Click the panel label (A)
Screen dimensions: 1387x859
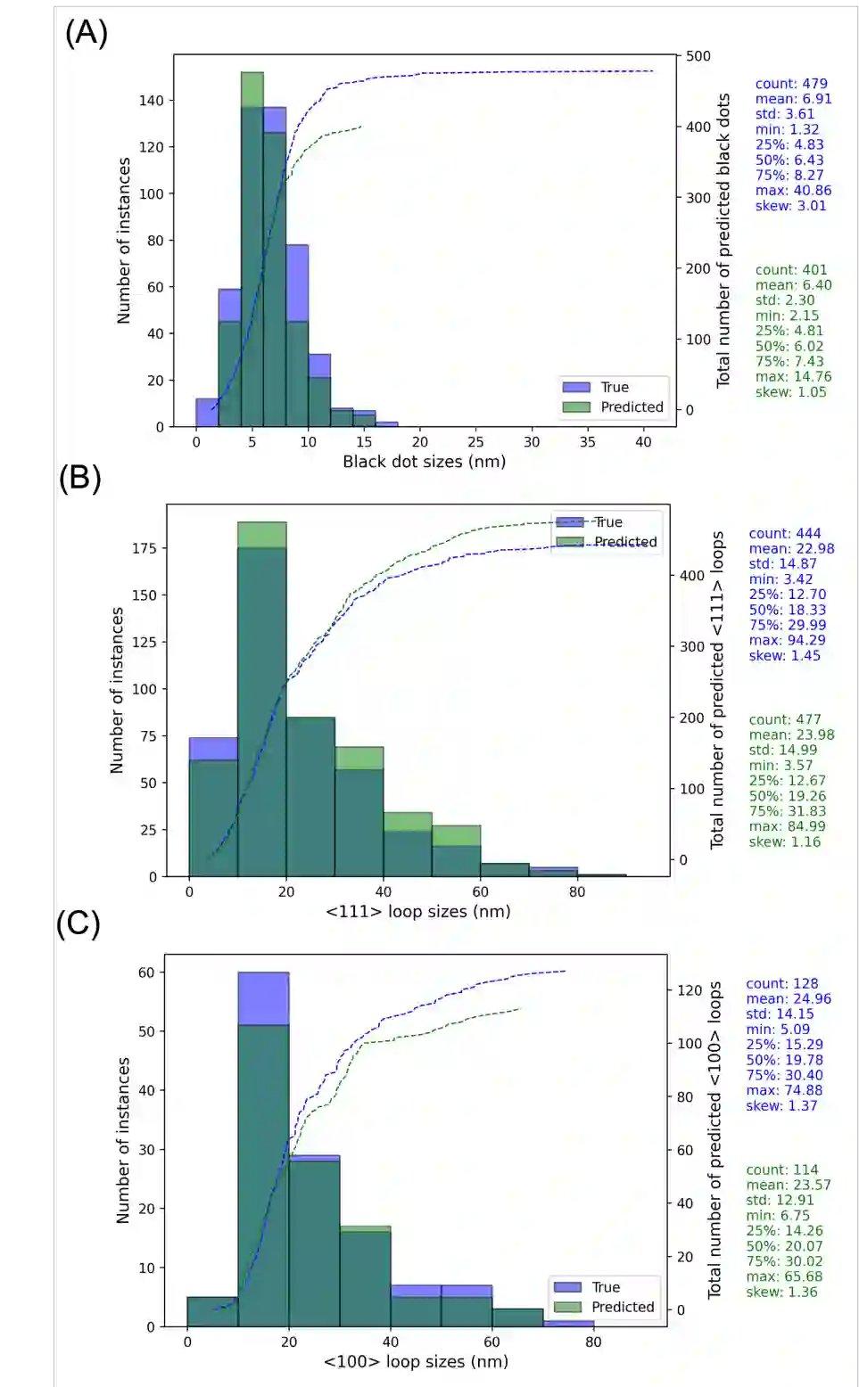(x=86, y=32)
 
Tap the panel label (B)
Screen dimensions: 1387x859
(x=79, y=478)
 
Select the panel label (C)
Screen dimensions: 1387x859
(x=78, y=923)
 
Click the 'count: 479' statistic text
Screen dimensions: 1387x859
(x=791, y=84)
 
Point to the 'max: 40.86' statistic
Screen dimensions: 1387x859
(x=793, y=191)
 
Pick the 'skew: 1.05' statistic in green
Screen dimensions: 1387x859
(x=790, y=392)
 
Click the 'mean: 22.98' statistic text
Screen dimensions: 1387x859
(x=791, y=549)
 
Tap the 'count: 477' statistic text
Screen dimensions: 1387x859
(x=785, y=719)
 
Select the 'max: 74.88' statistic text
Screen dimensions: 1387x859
(x=784, y=1090)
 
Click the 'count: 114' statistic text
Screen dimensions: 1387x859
(x=782, y=1170)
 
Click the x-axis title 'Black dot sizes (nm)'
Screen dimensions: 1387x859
(x=424, y=462)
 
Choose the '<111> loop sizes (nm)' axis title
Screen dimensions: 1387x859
(x=417, y=911)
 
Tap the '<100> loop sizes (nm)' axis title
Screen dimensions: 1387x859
(x=416, y=1361)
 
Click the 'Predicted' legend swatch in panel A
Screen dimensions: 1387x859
(x=576, y=407)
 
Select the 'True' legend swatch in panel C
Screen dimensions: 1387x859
(x=567, y=1287)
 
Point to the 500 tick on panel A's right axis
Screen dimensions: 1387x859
(x=698, y=56)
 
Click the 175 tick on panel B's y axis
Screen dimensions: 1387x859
(x=145, y=548)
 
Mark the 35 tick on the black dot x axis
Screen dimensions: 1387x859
(x=587, y=442)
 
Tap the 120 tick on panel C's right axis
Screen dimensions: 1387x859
(x=690, y=990)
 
